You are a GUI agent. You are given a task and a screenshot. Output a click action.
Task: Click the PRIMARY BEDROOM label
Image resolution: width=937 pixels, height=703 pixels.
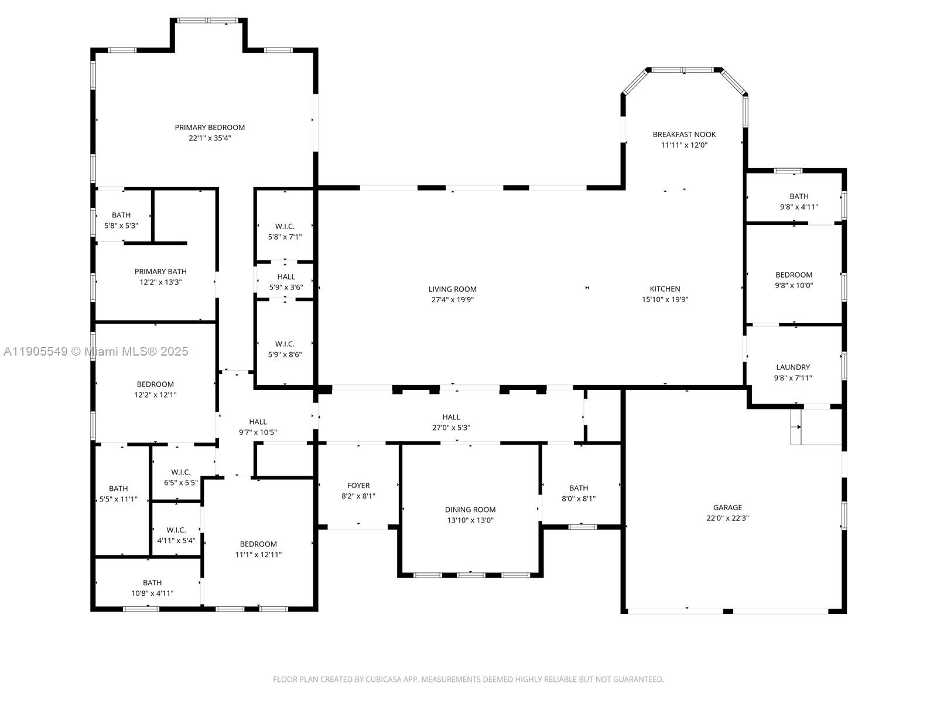(210, 128)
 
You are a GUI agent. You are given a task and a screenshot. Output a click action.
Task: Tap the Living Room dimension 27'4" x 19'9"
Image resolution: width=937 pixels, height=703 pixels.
(452, 300)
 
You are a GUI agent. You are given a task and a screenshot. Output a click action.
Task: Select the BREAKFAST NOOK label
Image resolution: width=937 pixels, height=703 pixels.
(684, 135)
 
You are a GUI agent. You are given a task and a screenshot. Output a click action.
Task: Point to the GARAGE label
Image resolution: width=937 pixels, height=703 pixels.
(727, 508)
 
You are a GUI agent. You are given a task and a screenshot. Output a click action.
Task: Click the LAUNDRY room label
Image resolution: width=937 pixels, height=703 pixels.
(793, 367)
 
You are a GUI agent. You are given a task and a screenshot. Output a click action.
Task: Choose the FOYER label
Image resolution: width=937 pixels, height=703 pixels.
(358, 486)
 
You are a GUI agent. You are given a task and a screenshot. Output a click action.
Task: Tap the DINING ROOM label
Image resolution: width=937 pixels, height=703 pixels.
(470, 510)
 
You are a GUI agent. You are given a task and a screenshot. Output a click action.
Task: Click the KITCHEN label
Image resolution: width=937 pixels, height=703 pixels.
(665, 289)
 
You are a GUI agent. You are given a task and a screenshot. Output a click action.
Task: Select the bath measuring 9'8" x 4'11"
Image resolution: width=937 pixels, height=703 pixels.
(799, 202)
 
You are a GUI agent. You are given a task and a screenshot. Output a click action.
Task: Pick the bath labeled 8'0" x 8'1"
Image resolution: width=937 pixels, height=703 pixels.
(579, 493)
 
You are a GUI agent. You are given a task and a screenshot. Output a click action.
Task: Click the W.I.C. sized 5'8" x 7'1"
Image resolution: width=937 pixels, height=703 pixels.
(285, 231)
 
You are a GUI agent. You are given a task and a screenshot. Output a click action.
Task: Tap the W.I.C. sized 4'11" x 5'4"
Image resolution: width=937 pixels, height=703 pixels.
(176, 535)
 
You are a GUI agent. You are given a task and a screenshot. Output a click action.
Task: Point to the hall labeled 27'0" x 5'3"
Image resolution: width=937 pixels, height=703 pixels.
(451, 422)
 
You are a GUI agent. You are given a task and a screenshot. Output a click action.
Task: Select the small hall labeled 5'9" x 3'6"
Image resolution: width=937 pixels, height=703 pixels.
(286, 282)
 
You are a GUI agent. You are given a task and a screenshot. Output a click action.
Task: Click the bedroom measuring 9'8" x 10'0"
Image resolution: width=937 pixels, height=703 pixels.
(794, 280)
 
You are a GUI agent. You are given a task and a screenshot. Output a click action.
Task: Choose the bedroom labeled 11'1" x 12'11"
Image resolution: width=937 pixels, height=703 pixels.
(258, 550)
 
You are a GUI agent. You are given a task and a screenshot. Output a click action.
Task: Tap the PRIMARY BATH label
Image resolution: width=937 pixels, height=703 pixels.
(160, 272)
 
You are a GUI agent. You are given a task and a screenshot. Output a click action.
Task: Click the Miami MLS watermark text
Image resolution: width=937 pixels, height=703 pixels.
(96, 351)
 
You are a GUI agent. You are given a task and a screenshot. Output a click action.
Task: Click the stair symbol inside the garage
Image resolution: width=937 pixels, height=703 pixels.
(796, 427)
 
